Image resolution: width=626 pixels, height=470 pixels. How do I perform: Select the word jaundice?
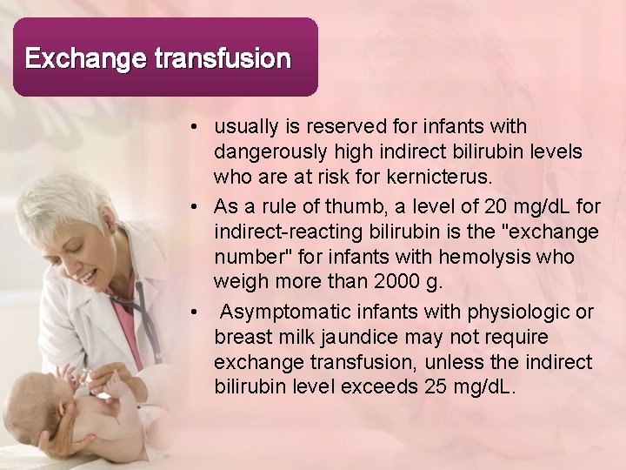[x=383, y=336]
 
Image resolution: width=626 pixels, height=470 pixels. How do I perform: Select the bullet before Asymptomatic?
[x=199, y=312]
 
